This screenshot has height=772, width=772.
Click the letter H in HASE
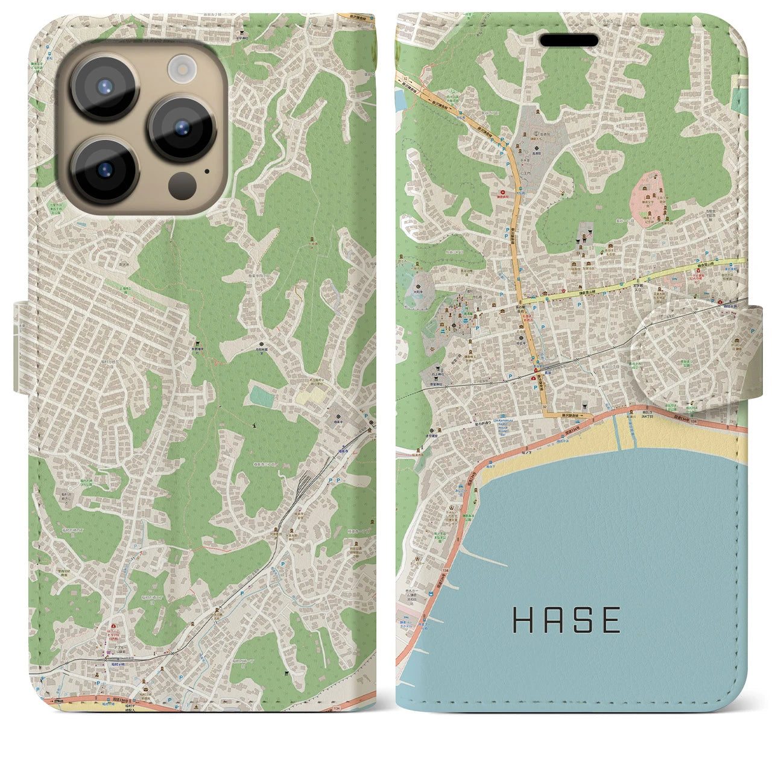(x=522, y=620)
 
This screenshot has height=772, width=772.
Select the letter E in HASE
(x=611, y=620)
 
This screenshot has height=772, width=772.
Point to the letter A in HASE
(x=552, y=620)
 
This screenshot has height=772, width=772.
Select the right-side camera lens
(x=181, y=128)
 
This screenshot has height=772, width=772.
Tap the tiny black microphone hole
(x=207, y=171)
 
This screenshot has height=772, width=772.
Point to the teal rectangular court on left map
(x=261, y=396)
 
